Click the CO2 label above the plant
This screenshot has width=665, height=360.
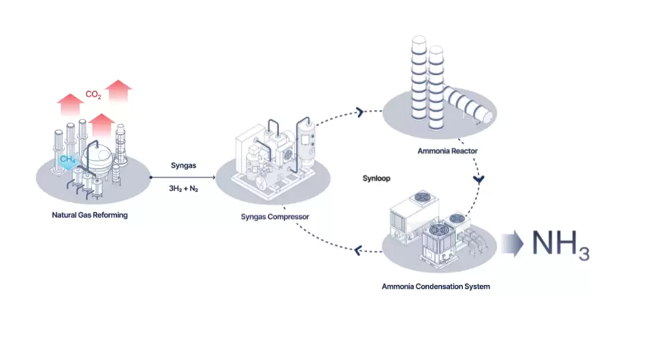[x=93, y=95]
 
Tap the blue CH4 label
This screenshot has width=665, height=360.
[x=68, y=159]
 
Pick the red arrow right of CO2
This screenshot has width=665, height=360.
[x=118, y=90]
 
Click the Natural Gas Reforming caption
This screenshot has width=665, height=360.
[x=90, y=215]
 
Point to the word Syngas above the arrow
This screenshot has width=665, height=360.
[x=183, y=166]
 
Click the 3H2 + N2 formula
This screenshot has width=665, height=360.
[x=183, y=189]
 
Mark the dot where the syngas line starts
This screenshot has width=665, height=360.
[x=151, y=177]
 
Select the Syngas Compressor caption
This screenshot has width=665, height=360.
[x=275, y=217]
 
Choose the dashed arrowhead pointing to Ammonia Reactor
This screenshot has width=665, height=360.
[x=358, y=112]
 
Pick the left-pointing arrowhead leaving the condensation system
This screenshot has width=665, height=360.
[x=358, y=249]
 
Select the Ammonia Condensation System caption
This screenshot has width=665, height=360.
[x=436, y=286]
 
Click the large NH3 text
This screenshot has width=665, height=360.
[x=560, y=245]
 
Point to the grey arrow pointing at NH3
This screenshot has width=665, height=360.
[x=511, y=244]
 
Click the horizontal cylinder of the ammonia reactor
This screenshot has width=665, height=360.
[x=471, y=106]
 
